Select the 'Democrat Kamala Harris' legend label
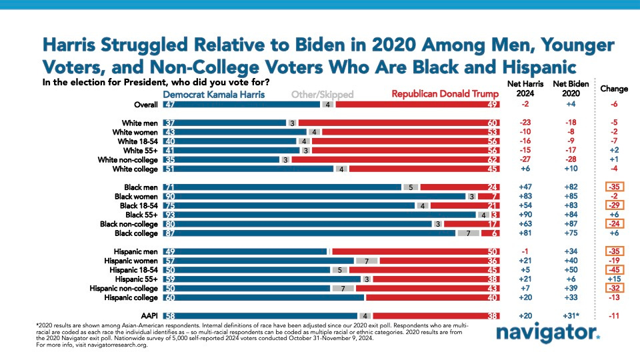point(214,95)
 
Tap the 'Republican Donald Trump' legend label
point(445,95)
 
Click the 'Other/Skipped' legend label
point(323,95)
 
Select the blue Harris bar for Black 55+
point(320,215)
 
